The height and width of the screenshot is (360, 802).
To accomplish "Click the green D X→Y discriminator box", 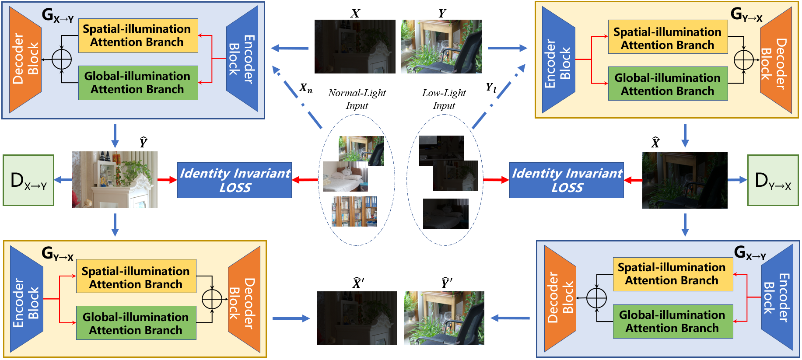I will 28,180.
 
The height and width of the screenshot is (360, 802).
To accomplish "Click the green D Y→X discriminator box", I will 773,180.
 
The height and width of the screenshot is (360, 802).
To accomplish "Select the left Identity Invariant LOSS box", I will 235,180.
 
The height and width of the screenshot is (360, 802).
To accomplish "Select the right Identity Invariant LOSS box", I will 566,180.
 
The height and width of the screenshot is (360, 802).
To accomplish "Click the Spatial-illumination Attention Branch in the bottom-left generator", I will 136,277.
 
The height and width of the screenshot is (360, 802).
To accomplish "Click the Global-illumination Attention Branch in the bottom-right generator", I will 672,322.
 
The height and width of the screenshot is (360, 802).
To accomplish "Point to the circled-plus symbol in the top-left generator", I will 62,59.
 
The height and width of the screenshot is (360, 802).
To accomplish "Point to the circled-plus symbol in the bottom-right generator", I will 596,298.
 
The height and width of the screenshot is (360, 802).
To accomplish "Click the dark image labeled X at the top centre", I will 355,46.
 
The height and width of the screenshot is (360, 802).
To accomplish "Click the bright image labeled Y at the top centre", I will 441,46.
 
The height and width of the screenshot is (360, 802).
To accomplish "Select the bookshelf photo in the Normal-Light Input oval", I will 354,211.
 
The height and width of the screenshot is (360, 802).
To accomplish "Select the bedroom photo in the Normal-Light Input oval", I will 345,176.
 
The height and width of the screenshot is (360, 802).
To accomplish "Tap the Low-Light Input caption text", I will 444,99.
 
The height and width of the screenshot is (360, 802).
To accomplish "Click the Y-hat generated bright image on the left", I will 115,180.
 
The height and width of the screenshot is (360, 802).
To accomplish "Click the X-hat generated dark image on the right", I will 684,180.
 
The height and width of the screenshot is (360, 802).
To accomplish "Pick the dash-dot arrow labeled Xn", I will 298,98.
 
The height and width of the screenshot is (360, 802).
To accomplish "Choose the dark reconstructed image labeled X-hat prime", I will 357,318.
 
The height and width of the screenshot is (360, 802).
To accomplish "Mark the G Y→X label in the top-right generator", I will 746,15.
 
